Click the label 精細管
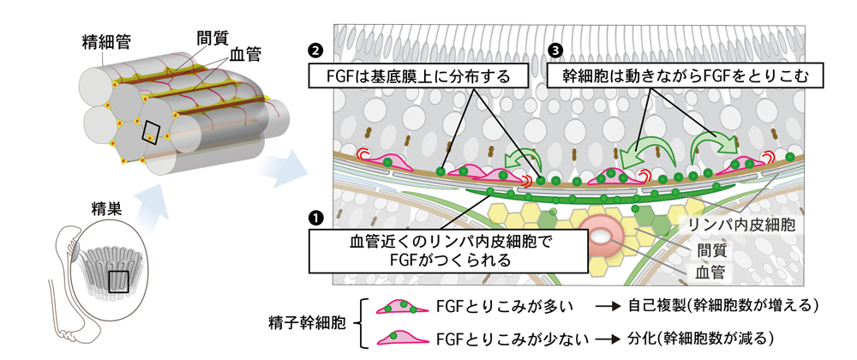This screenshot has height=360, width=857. (100, 40)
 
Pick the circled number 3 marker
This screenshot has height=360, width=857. (559, 51)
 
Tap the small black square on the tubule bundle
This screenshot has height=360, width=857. (151, 131)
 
